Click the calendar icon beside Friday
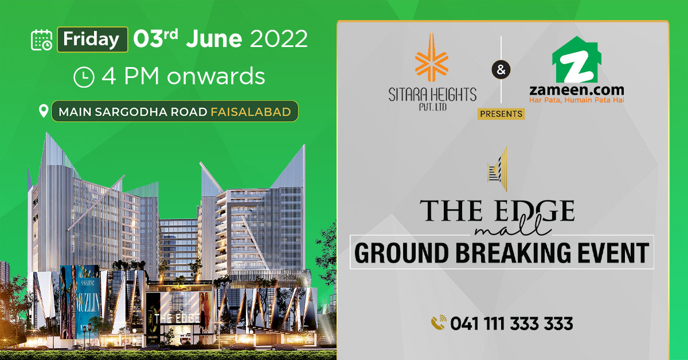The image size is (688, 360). (x=42, y=40)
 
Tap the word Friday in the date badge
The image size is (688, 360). (x=92, y=40)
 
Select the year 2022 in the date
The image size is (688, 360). (x=279, y=39)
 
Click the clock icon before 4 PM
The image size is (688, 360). (x=84, y=77)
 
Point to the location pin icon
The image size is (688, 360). (x=43, y=111)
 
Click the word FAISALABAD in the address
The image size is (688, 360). (x=251, y=111)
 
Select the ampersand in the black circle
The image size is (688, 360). (x=501, y=71)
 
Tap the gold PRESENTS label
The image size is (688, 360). (x=501, y=114)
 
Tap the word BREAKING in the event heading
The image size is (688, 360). (x=502, y=253)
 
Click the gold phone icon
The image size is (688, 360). (x=439, y=323)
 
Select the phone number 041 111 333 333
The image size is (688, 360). (x=511, y=324)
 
